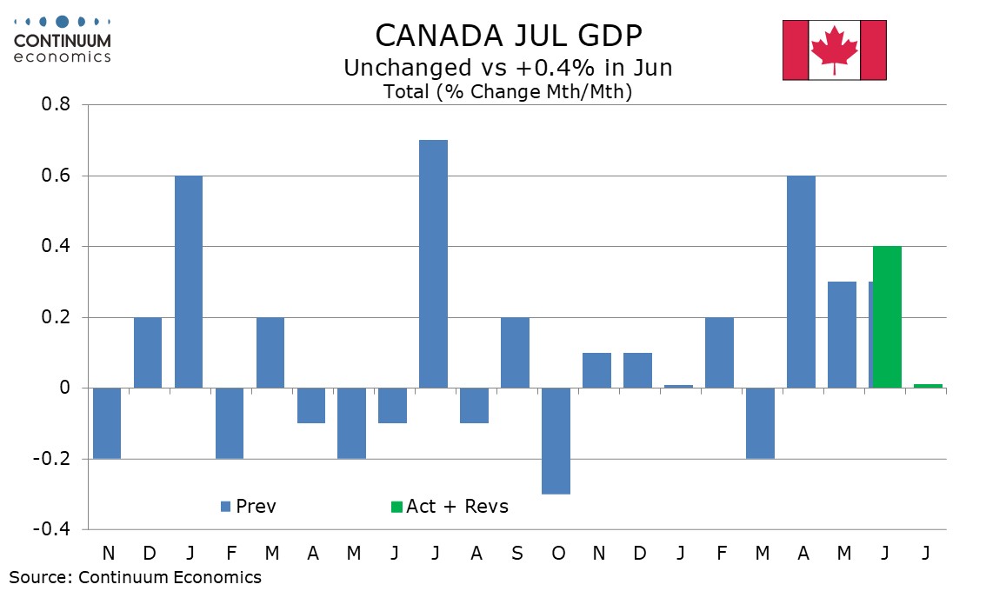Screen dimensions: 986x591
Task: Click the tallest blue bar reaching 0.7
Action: click(433, 264)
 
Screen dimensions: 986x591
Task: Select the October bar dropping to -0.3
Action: click(556, 441)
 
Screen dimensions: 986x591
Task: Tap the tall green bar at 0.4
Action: click(887, 317)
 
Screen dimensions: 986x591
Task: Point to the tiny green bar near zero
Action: click(928, 386)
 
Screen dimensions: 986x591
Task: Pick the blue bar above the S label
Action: click(515, 353)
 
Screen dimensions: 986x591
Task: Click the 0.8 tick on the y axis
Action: click(56, 104)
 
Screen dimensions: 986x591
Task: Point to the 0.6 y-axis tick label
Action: click(56, 176)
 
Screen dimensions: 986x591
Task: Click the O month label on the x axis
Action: click(557, 554)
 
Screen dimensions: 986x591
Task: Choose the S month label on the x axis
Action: click(516, 554)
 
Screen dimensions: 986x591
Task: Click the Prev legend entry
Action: click(249, 506)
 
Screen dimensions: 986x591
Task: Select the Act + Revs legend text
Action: click(457, 506)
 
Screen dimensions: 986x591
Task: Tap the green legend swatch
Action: click(396, 507)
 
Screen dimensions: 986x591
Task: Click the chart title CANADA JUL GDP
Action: click(509, 36)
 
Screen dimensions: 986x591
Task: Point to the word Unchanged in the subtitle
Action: click(408, 67)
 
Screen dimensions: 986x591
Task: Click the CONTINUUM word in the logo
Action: click(63, 41)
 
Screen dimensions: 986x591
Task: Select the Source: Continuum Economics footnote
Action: click(135, 577)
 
